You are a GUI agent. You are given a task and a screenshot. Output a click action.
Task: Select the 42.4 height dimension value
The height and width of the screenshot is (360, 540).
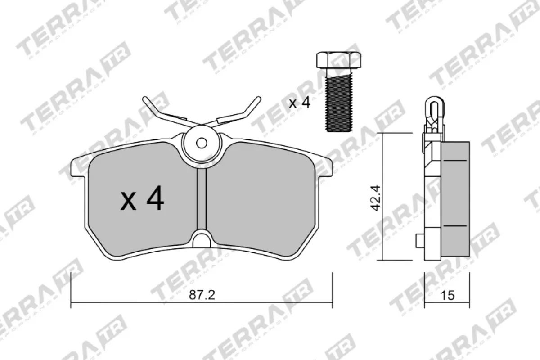click(376, 197)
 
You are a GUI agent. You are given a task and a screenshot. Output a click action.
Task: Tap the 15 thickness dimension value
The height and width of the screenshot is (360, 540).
click(449, 295)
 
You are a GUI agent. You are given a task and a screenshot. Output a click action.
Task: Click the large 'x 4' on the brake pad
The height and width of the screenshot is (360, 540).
click(142, 200)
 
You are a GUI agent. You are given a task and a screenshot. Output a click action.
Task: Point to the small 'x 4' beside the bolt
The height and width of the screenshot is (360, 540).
click(300, 103)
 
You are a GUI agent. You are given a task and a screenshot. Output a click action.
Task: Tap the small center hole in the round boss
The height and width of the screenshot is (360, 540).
click(202, 143)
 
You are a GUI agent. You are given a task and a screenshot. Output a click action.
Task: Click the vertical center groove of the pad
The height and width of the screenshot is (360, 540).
click(202, 198)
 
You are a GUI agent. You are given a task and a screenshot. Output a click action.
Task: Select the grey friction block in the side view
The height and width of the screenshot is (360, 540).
click(455, 198)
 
